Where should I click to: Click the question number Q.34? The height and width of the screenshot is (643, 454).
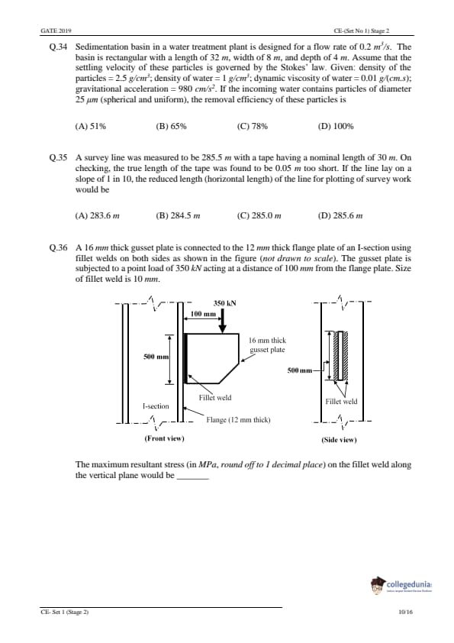(x=58, y=47)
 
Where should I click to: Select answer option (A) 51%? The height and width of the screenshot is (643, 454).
(x=91, y=126)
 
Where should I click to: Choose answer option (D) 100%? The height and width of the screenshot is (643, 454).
(x=336, y=126)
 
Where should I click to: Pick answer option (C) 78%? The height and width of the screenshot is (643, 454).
(x=253, y=126)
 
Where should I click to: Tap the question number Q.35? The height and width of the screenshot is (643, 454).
(x=58, y=158)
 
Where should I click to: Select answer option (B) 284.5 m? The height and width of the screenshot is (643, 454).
(x=178, y=215)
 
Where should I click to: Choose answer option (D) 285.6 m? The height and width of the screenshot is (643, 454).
(x=340, y=215)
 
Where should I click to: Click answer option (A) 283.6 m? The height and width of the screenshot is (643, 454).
(x=98, y=215)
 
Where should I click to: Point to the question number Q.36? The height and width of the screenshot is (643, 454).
(x=58, y=247)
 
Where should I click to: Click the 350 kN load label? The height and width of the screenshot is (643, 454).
(x=224, y=303)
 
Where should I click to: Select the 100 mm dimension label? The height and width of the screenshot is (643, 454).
(x=203, y=314)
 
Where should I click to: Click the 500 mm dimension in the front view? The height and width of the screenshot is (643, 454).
(x=156, y=357)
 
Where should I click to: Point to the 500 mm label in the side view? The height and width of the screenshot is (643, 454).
(x=300, y=370)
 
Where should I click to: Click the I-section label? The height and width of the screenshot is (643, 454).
(x=156, y=406)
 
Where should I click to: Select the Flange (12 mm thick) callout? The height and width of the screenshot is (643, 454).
(x=238, y=420)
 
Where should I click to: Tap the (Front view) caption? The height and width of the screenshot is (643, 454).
(x=164, y=439)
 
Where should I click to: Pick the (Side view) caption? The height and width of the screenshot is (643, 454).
(x=339, y=441)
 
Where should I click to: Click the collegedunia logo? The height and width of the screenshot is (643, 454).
(x=401, y=585)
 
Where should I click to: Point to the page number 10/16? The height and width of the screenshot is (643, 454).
(x=406, y=612)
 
